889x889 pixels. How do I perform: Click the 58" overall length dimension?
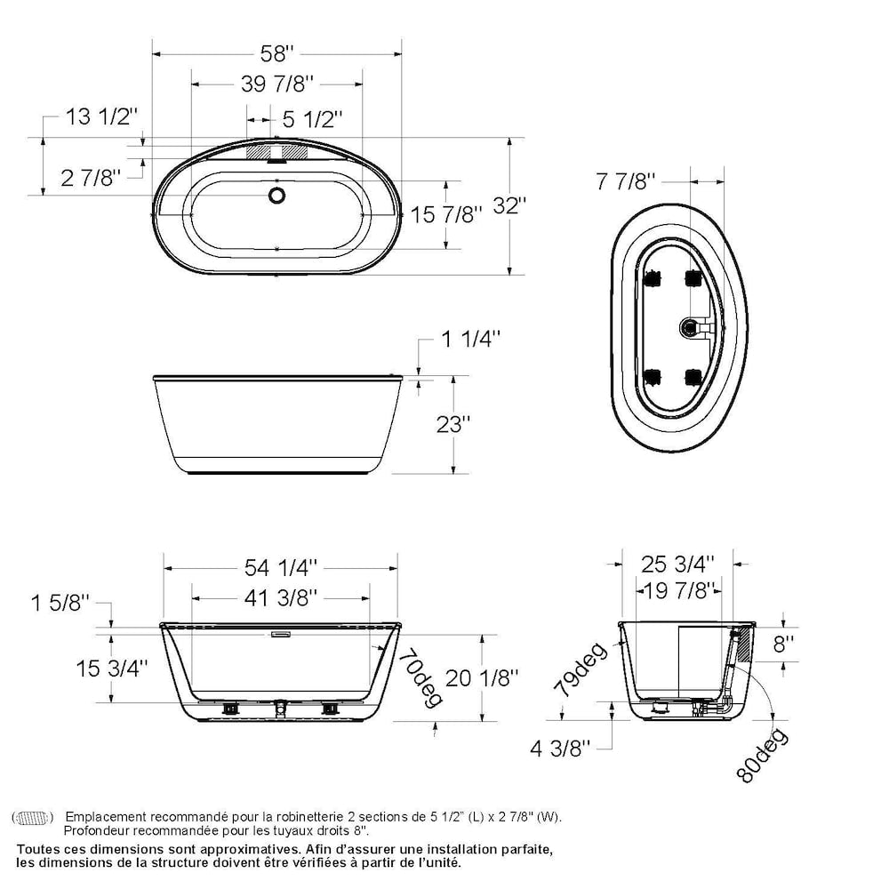coord(277,54)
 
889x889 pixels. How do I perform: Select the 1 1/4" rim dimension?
coord(470,339)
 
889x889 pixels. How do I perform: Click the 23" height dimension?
coord(453,424)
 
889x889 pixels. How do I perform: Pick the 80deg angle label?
coord(760,755)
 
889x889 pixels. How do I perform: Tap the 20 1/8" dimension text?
coord(481,678)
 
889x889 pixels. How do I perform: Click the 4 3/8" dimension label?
coord(560,749)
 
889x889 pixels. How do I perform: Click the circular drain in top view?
coord(277,195)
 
